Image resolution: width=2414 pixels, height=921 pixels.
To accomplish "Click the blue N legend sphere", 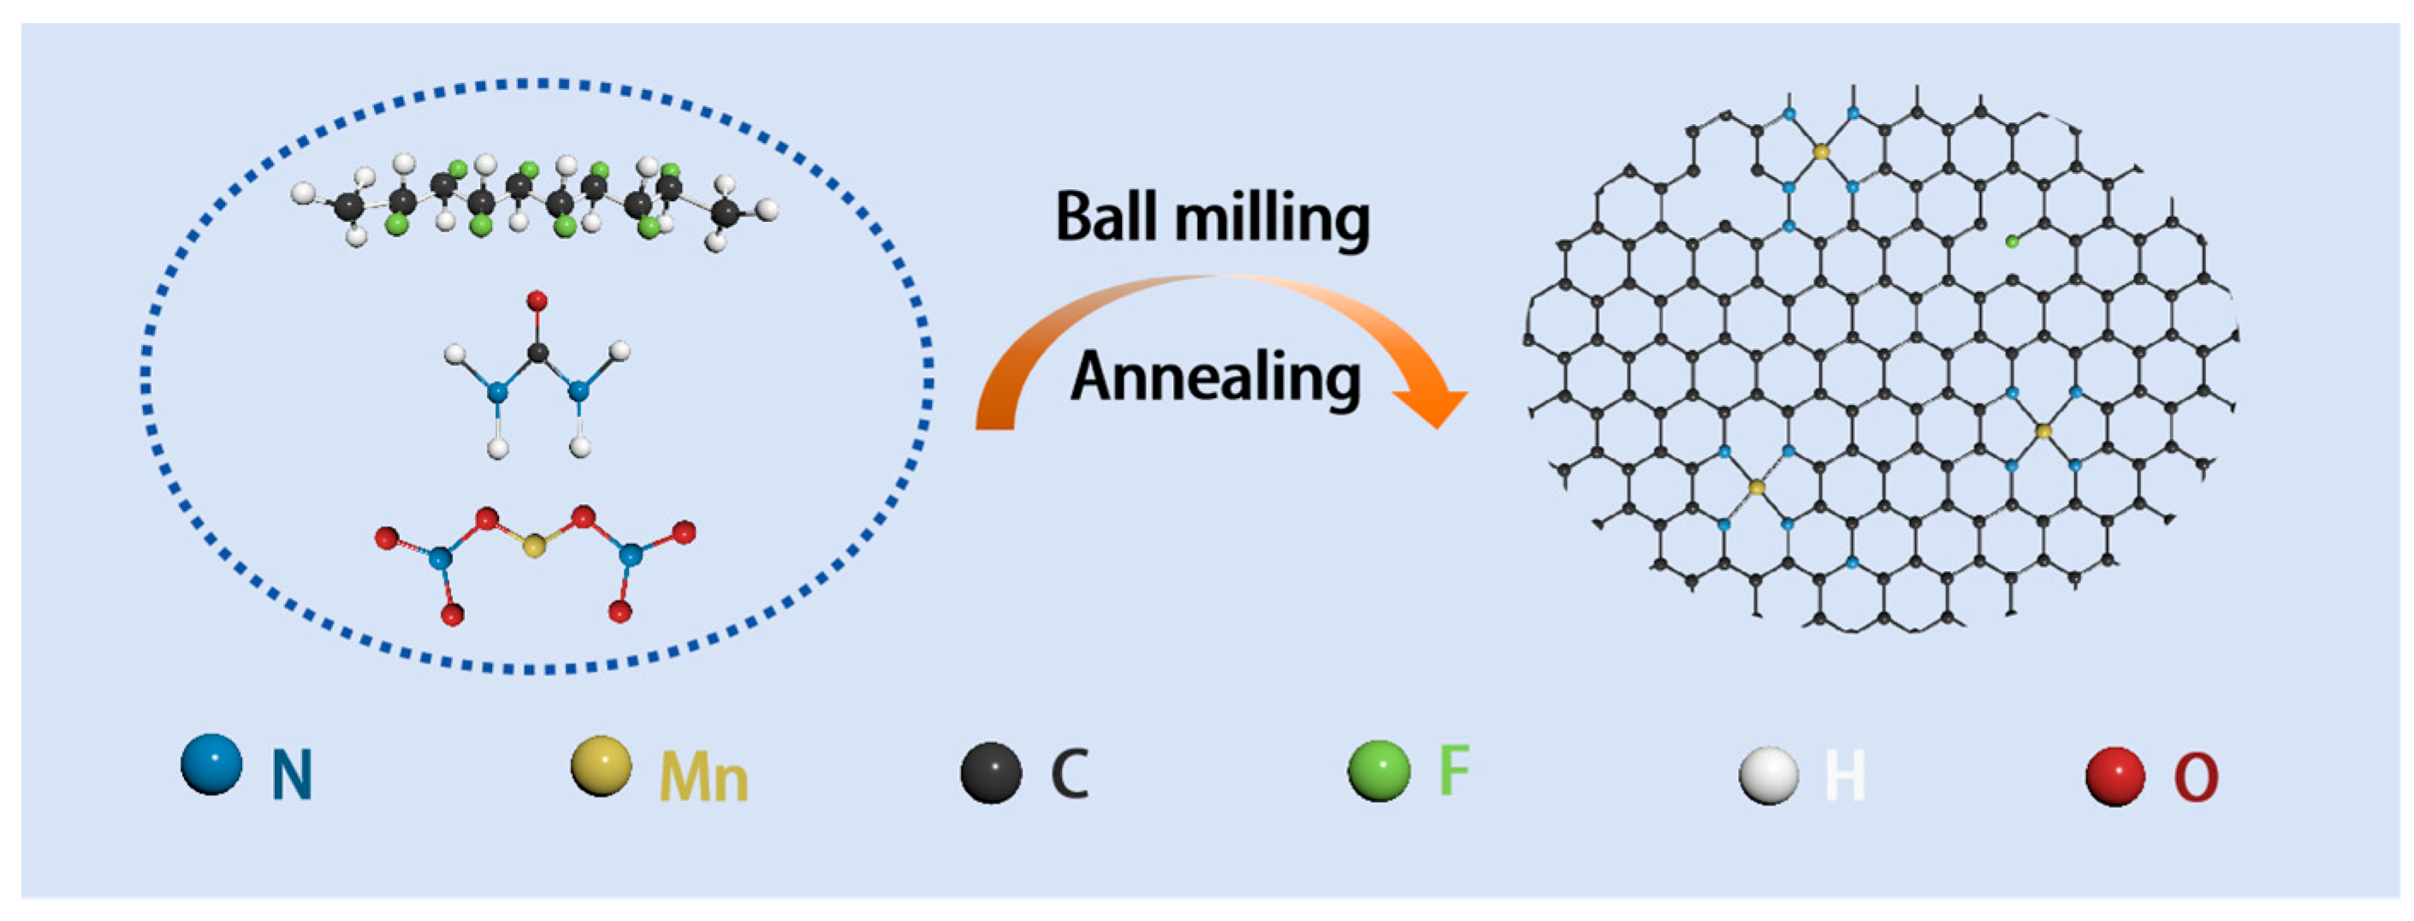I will (211, 764).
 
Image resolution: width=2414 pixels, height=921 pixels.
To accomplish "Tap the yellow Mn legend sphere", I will (601, 766).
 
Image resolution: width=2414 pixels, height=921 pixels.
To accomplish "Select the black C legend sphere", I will (991, 773).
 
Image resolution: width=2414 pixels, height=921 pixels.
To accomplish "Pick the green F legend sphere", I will (1379, 770).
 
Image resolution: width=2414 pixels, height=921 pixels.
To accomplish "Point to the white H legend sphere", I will (1768, 775).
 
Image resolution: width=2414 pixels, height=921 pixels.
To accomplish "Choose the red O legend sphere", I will (2115, 776).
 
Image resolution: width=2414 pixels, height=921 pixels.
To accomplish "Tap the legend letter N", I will (292, 775).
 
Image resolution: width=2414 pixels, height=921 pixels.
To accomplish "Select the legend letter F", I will (1454, 770).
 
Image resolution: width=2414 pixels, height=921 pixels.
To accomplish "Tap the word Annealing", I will (1215, 378).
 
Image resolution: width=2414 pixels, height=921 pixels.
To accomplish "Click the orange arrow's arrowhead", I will (1432, 406).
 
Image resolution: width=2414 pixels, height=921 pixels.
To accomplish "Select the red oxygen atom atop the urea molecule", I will (537, 300).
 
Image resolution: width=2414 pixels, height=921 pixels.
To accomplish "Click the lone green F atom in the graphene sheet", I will (2012, 241).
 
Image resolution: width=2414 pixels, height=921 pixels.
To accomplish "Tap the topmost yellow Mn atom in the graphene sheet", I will (1821, 151).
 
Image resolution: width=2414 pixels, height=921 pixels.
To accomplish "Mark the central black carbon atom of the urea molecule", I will (538, 354).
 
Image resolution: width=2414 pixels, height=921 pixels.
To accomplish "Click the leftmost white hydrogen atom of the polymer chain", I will (302, 193).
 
